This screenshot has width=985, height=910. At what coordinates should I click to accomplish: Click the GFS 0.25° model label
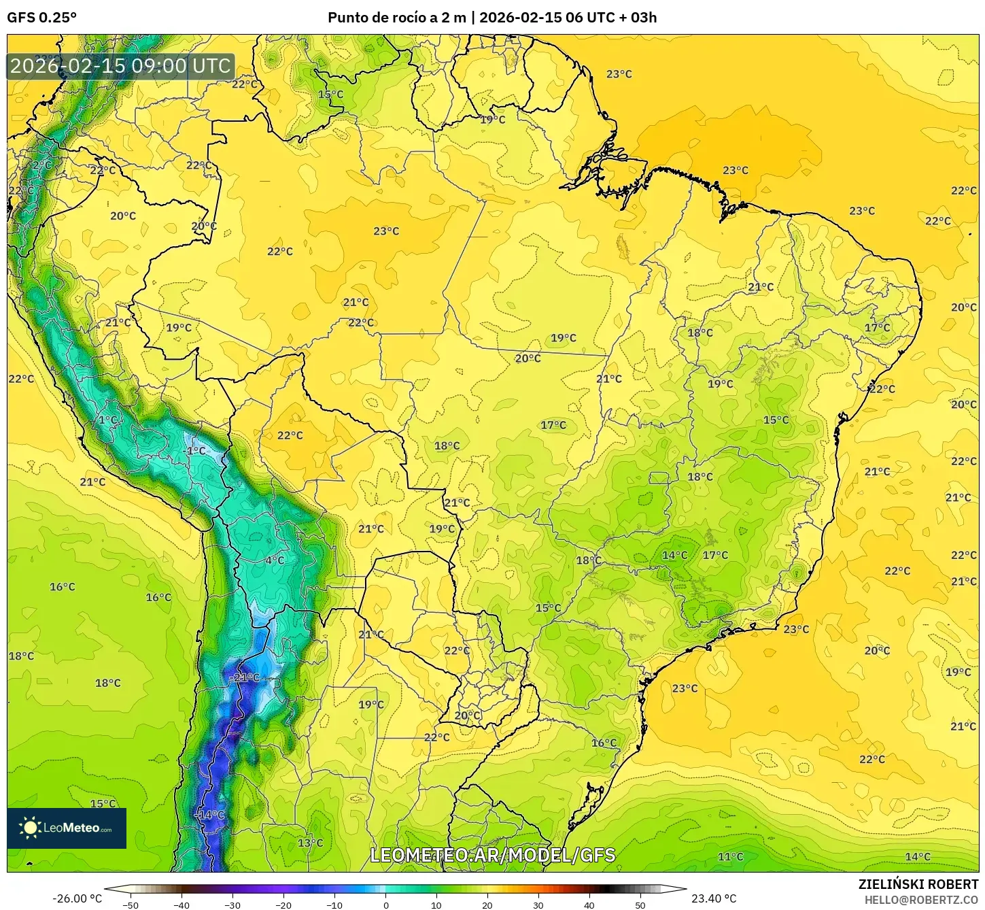point(41,18)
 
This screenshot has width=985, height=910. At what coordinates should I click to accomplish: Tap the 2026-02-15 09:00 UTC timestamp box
point(120,66)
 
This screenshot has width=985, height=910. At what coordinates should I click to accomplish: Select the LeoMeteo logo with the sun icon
point(67,828)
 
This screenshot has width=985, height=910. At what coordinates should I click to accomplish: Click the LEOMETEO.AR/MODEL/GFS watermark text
point(492,855)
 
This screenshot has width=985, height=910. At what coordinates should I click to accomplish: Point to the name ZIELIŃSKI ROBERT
point(918,884)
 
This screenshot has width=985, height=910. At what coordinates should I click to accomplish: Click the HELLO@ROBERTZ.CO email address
point(921,899)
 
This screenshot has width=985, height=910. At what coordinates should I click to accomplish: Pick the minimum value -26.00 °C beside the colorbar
point(77,898)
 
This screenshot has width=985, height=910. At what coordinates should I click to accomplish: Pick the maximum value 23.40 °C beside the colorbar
point(713,898)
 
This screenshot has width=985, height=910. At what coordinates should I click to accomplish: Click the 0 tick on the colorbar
point(385,905)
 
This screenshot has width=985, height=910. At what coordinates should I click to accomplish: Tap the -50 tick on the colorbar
point(130,905)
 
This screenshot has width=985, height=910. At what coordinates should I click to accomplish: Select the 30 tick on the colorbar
point(538,905)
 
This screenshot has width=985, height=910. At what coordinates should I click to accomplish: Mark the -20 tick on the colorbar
point(283,905)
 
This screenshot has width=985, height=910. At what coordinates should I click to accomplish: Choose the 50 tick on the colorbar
point(640,905)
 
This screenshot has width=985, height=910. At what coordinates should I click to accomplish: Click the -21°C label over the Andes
point(244,677)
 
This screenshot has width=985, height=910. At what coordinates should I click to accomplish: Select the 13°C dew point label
point(310,843)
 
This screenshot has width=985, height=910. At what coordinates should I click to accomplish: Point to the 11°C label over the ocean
point(730,856)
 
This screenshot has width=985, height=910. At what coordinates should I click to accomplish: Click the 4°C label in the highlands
point(275,560)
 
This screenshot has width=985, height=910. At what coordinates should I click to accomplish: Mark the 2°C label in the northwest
point(41,165)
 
